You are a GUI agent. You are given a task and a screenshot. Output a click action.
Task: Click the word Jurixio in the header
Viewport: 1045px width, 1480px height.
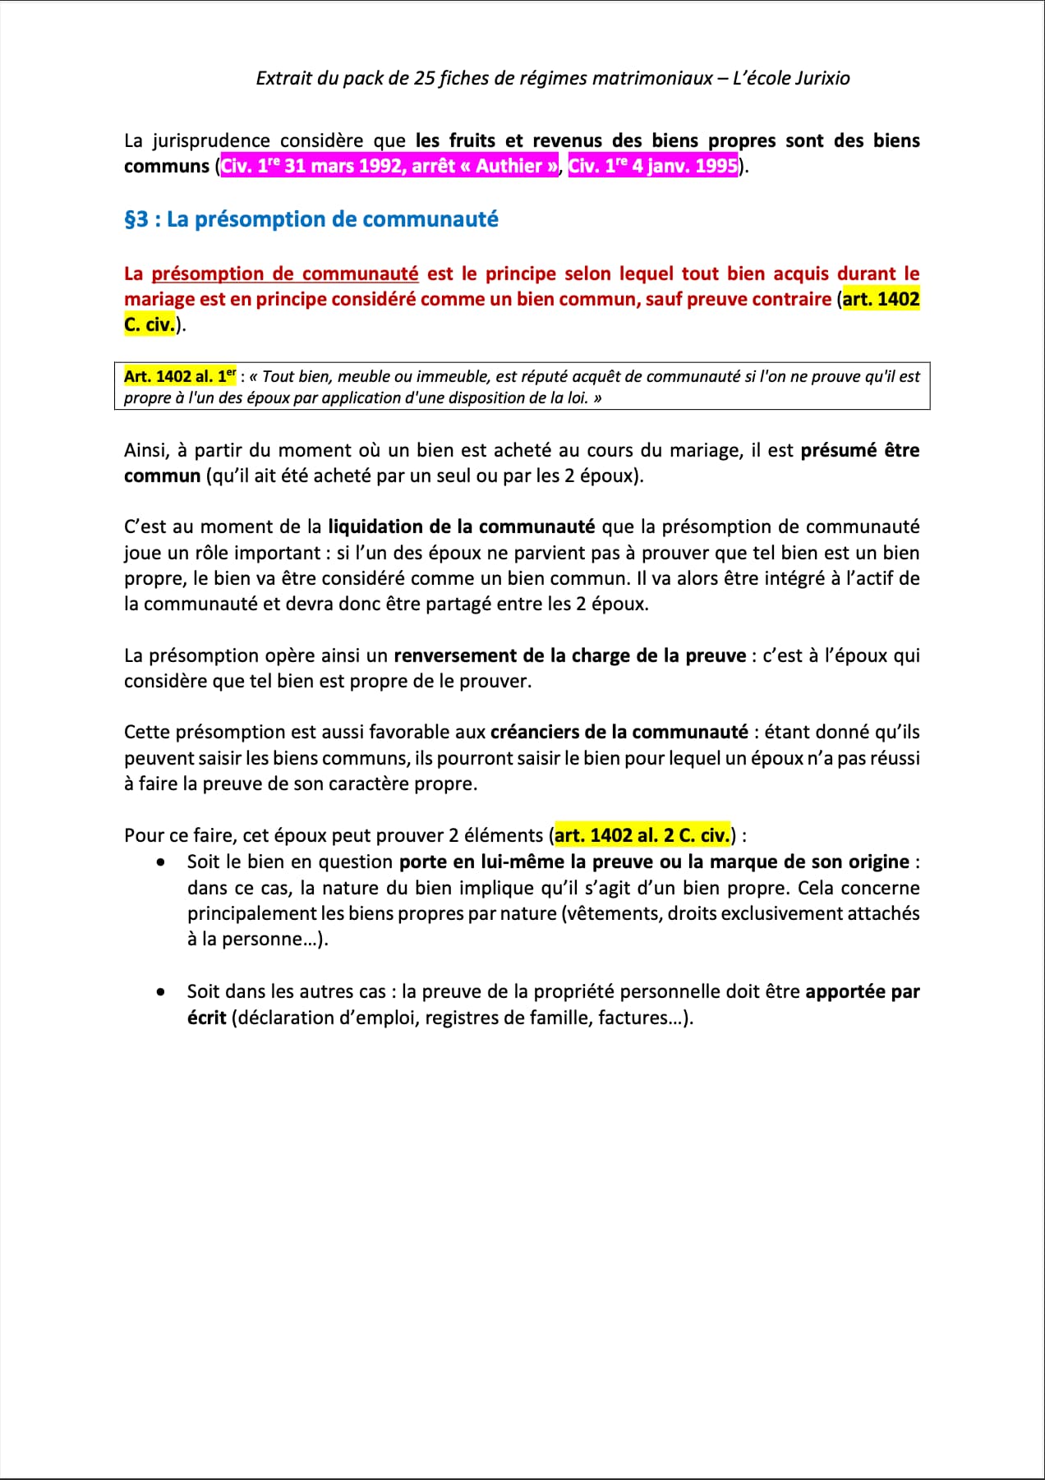pyautogui.click(x=822, y=78)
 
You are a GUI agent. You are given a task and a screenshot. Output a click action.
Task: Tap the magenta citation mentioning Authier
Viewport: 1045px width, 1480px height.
pyautogui.click(x=389, y=166)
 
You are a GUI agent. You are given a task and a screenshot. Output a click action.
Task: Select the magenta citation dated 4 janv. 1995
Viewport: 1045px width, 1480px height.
pyautogui.click(x=653, y=166)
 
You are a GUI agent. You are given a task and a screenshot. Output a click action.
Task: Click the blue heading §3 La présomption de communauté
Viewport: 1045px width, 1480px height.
pyautogui.click(x=311, y=219)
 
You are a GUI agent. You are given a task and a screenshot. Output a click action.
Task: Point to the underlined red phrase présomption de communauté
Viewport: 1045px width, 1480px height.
pyautogui.click(x=285, y=273)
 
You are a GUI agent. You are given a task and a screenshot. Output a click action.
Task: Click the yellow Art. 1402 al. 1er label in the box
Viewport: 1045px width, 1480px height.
pyautogui.click(x=180, y=376)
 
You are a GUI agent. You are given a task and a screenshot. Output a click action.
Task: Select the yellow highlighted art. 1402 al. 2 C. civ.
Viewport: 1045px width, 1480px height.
pyautogui.click(x=642, y=835)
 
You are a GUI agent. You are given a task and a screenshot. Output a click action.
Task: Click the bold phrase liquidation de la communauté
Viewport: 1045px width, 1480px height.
pyautogui.click(x=461, y=526)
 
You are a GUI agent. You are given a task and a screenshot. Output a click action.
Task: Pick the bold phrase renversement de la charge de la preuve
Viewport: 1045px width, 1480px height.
pyautogui.click(x=569, y=655)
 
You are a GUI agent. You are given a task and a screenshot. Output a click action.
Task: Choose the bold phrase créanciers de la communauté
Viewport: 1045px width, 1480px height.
pyautogui.click(x=619, y=732)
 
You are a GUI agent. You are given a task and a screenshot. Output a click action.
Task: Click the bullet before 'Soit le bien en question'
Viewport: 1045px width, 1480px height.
pyautogui.click(x=161, y=862)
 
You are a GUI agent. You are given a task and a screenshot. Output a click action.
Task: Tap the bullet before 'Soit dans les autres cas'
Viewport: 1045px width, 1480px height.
pyautogui.click(x=161, y=992)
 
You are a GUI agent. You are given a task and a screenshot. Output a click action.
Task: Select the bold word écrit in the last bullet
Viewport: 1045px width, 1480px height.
pyautogui.click(x=206, y=1018)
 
